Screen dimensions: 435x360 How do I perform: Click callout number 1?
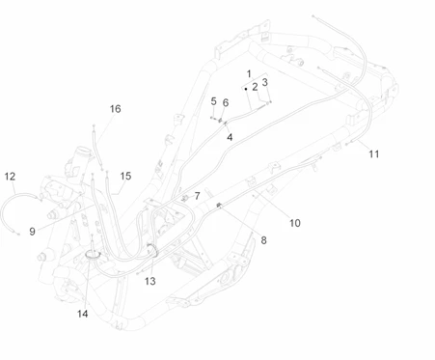point(249,74)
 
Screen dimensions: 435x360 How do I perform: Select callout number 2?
point(255,87)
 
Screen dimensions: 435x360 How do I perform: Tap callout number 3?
point(265,82)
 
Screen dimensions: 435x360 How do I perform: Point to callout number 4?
point(230,137)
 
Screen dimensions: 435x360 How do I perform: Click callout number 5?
point(213,101)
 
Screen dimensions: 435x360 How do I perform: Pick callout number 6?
point(226,102)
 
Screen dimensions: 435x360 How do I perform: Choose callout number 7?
point(197,196)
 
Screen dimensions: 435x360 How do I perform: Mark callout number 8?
point(263,240)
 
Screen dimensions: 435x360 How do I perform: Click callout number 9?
point(32,232)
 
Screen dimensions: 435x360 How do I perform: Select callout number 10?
point(295,223)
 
